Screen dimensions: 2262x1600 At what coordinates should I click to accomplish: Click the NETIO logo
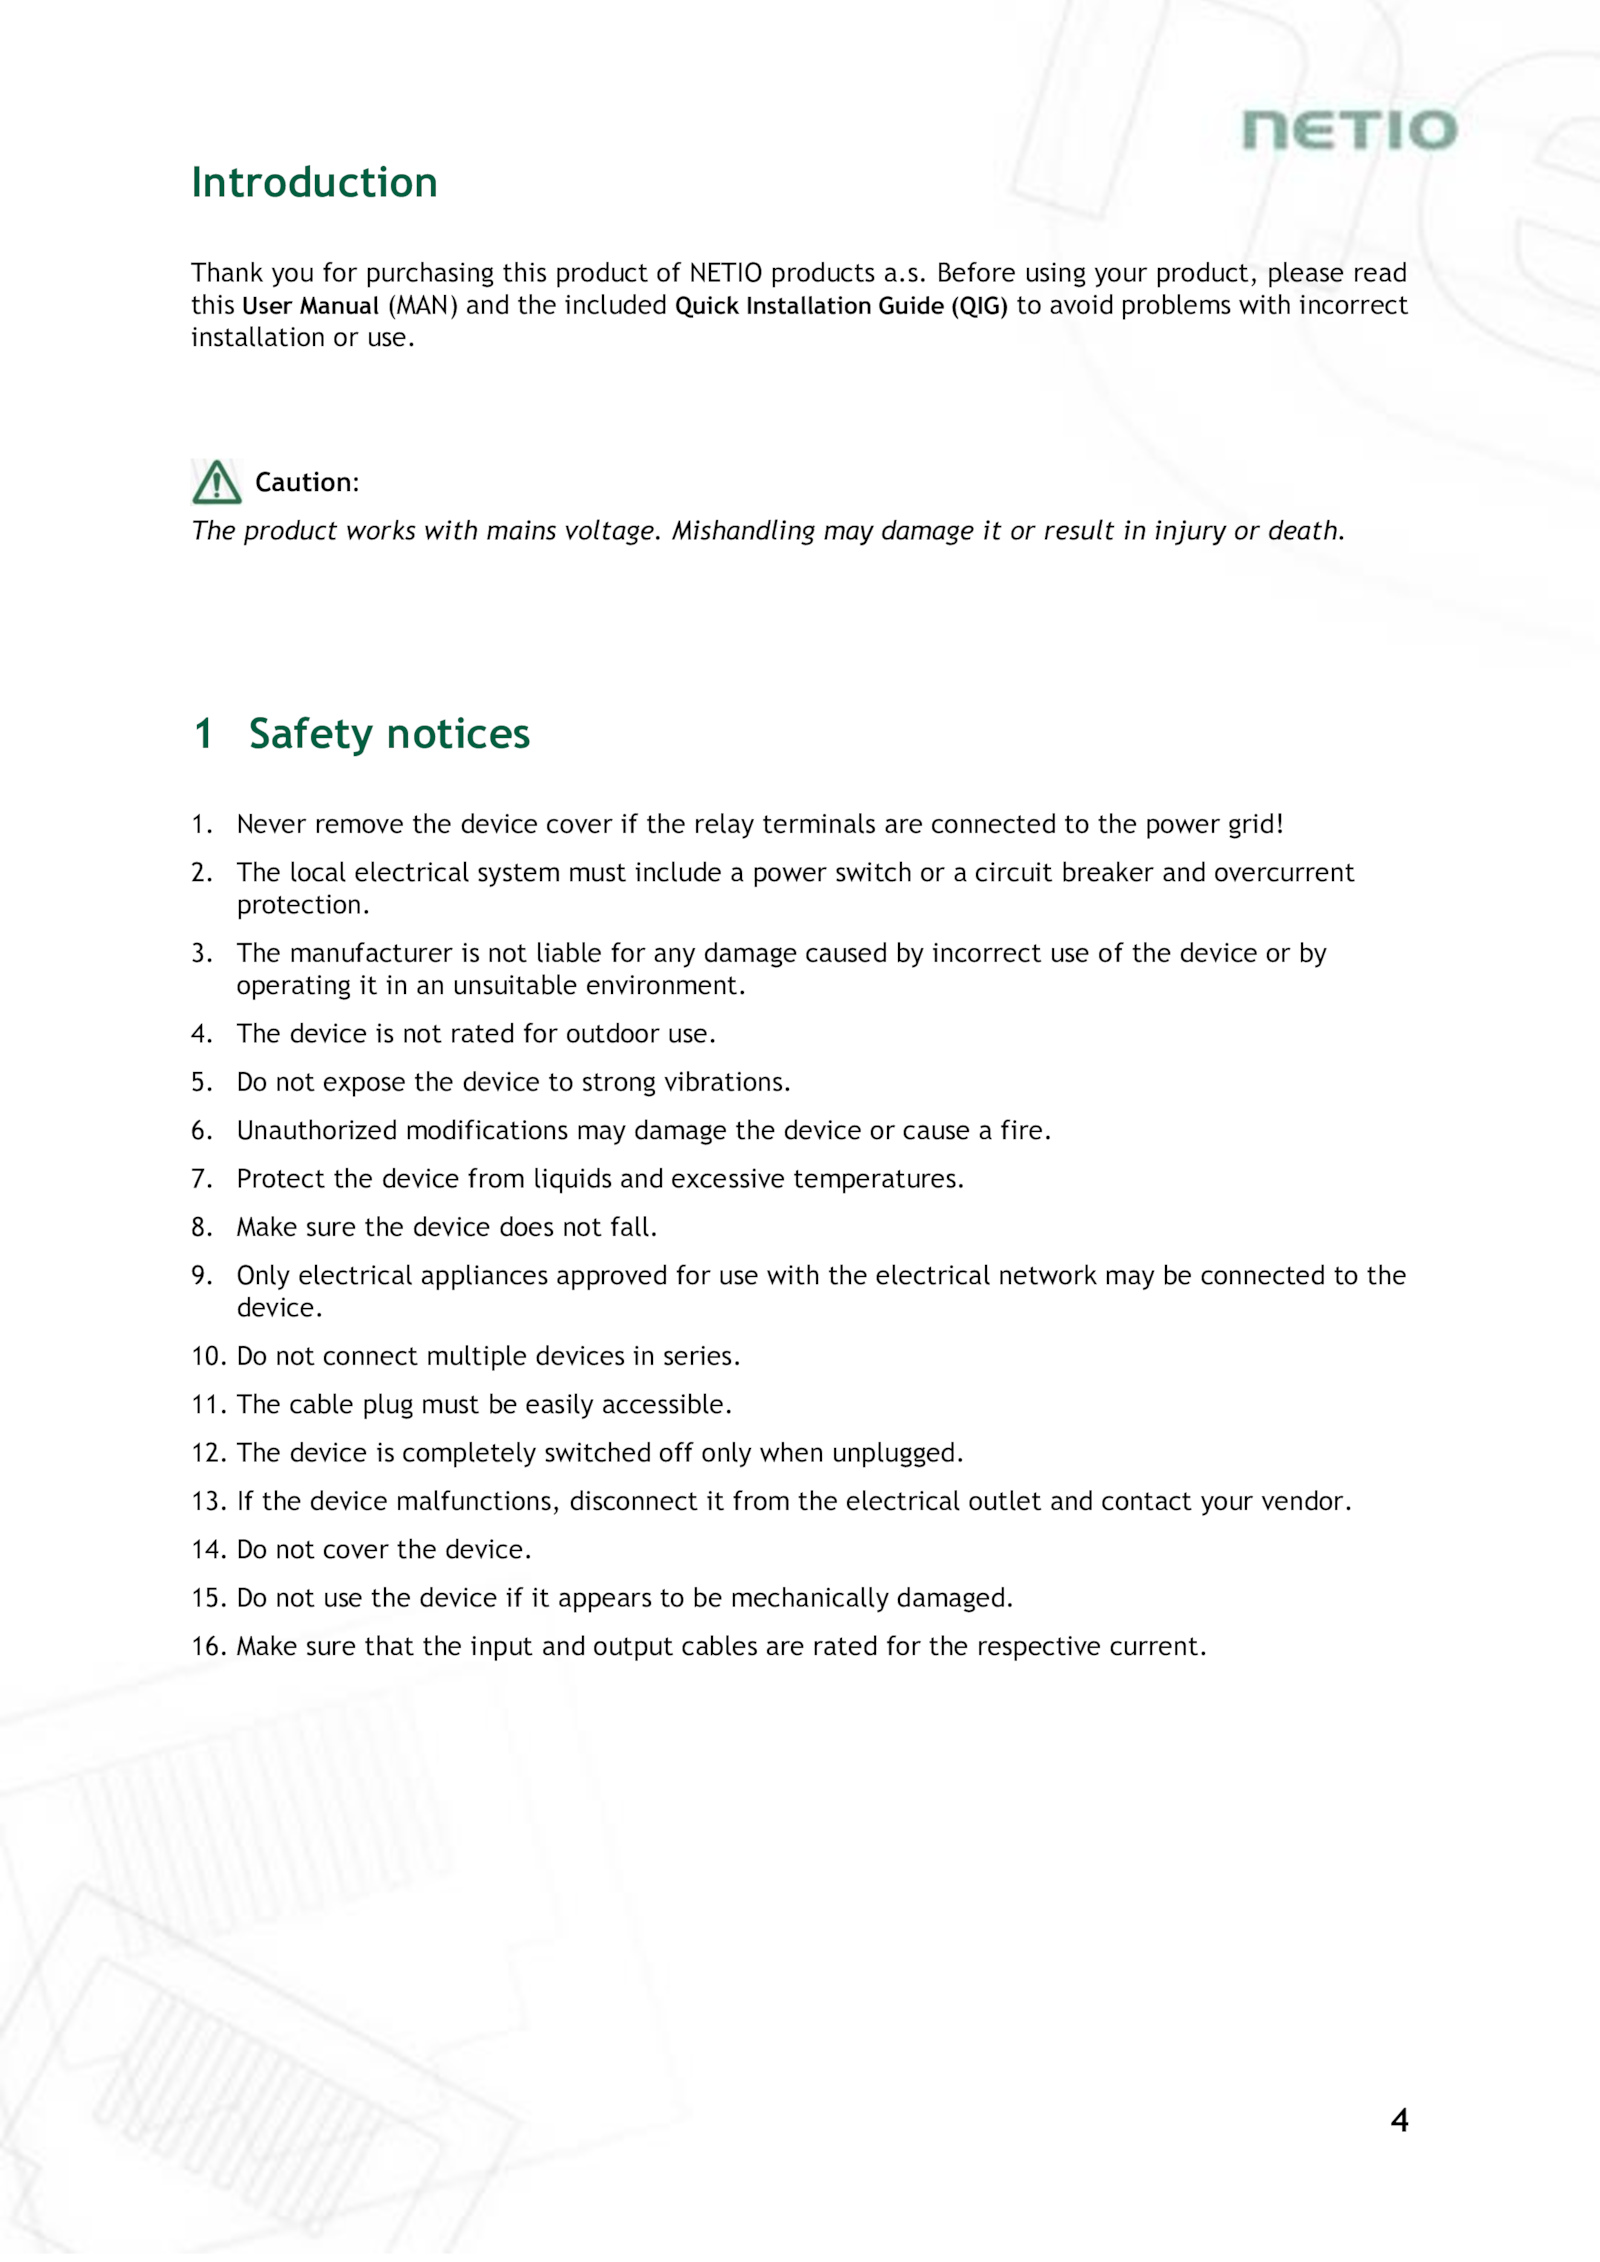tap(1349, 130)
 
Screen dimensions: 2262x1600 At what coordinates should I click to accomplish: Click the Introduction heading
tap(314, 183)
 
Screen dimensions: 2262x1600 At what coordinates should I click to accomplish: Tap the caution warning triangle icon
tap(216, 482)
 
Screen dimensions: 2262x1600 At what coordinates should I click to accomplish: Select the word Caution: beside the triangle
tap(307, 483)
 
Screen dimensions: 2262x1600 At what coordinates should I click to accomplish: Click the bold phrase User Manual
tap(310, 306)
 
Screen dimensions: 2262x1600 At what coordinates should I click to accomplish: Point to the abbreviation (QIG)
tap(979, 306)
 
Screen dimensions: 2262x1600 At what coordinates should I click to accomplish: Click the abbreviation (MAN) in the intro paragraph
tap(423, 306)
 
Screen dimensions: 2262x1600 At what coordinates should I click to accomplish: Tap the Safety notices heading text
tap(389, 734)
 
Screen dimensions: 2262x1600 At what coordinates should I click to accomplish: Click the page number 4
tap(1399, 2120)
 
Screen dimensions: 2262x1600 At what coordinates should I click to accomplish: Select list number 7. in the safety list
tap(202, 1179)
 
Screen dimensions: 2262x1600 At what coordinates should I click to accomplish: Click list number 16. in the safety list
tap(209, 1647)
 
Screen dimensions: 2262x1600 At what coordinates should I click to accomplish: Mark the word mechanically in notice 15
tap(809, 1598)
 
